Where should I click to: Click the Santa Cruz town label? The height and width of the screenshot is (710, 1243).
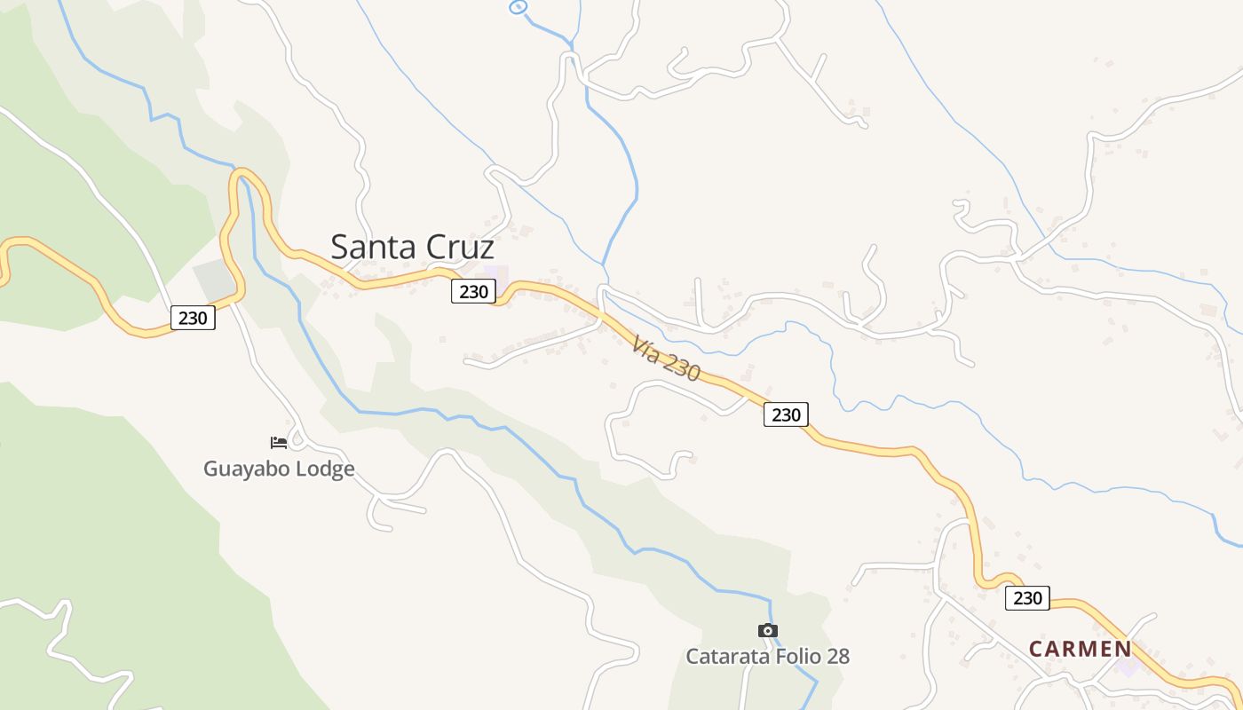click(412, 247)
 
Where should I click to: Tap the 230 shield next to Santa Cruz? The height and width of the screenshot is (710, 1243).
click(473, 291)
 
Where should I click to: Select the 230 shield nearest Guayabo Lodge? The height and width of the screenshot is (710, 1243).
click(193, 318)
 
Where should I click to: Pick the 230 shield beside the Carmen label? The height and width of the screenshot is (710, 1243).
click(1027, 598)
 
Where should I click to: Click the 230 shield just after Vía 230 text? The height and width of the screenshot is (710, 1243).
click(786, 414)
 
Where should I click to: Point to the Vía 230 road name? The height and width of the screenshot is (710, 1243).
click(667, 359)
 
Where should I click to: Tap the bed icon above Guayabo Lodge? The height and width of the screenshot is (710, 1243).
click(279, 442)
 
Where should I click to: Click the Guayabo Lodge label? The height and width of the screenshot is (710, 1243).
click(279, 469)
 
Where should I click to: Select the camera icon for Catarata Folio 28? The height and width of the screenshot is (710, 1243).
click(768, 630)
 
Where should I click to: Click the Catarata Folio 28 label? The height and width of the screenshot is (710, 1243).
click(767, 657)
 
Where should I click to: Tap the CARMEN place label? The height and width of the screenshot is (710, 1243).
click(1081, 649)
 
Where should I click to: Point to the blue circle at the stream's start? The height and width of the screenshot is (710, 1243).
click(518, 7)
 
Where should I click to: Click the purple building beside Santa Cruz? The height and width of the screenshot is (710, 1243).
click(496, 276)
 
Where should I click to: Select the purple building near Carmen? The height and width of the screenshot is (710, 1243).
click(1128, 666)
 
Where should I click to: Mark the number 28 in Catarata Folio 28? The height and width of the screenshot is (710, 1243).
click(837, 657)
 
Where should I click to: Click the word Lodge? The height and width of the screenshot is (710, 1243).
click(325, 469)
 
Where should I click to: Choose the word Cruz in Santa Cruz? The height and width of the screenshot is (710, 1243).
click(460, 247)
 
